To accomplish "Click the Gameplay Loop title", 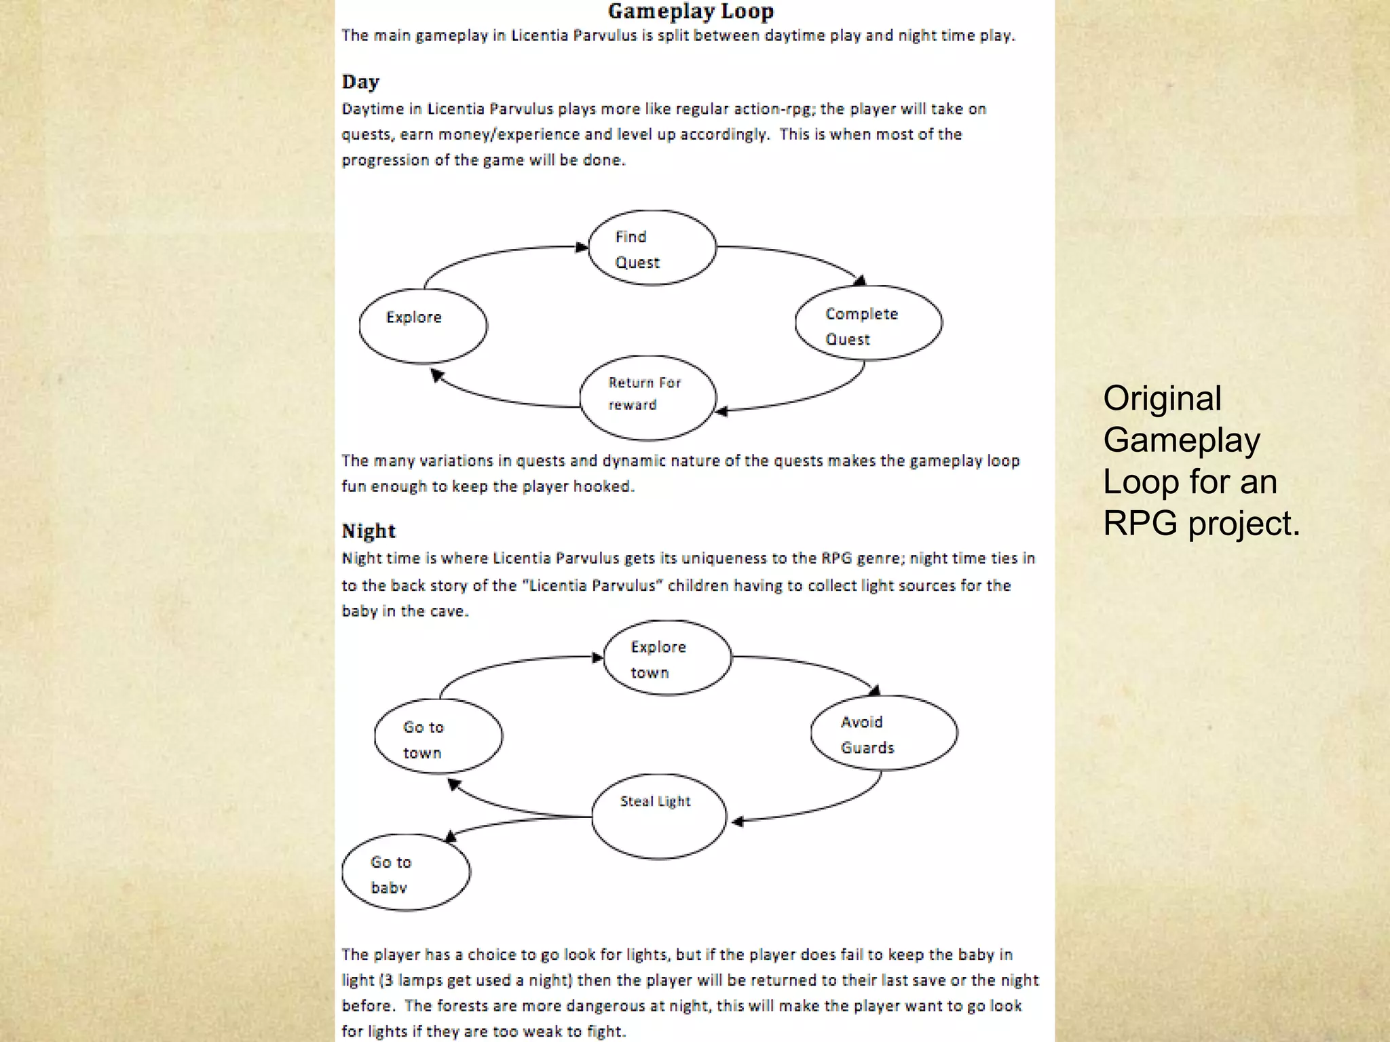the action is (690, 12).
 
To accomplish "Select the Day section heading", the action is (360, 82).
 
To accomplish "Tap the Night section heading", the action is (369, 530).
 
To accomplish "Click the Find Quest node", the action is (652, 248).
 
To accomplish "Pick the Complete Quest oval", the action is (868, 324).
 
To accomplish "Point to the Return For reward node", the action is (647, 398).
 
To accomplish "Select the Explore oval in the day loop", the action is (423, 326).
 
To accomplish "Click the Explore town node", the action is (667, 658).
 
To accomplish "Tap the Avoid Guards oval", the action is (884, 733).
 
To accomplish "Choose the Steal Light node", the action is (658, 816).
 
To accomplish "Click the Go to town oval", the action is (438, 737).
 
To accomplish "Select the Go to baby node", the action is (406, 872).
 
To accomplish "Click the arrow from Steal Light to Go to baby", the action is (516, 823).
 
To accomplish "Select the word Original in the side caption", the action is (1162, 398).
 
